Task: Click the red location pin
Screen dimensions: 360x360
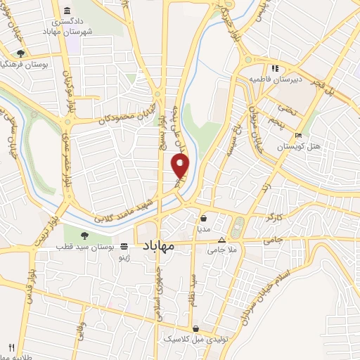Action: pyautogui.click(x=181, y=165)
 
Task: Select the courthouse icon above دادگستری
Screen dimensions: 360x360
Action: pyautogui.click(x=67, y=11)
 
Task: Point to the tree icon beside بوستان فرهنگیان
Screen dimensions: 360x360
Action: pyautogui.click(x=21, y=53)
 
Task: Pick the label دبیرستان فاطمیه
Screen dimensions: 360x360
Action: pyautogui.click(x=277, y=79)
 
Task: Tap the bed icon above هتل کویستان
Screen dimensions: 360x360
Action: pyautogui.click(x=299, y=136)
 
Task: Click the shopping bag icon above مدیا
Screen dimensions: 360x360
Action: pyautogui.click(x=203, y=218)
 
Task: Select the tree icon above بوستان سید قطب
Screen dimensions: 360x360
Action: pyautogui.click(x=84, y=236)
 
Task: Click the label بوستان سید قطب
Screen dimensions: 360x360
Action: pyautogui.click(x=86, y=247)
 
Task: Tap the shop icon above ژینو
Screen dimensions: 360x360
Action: pyautogui.click(x=124, y=247)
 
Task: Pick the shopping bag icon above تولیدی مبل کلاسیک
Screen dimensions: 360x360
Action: pyautogui.click(x=196, y=328)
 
